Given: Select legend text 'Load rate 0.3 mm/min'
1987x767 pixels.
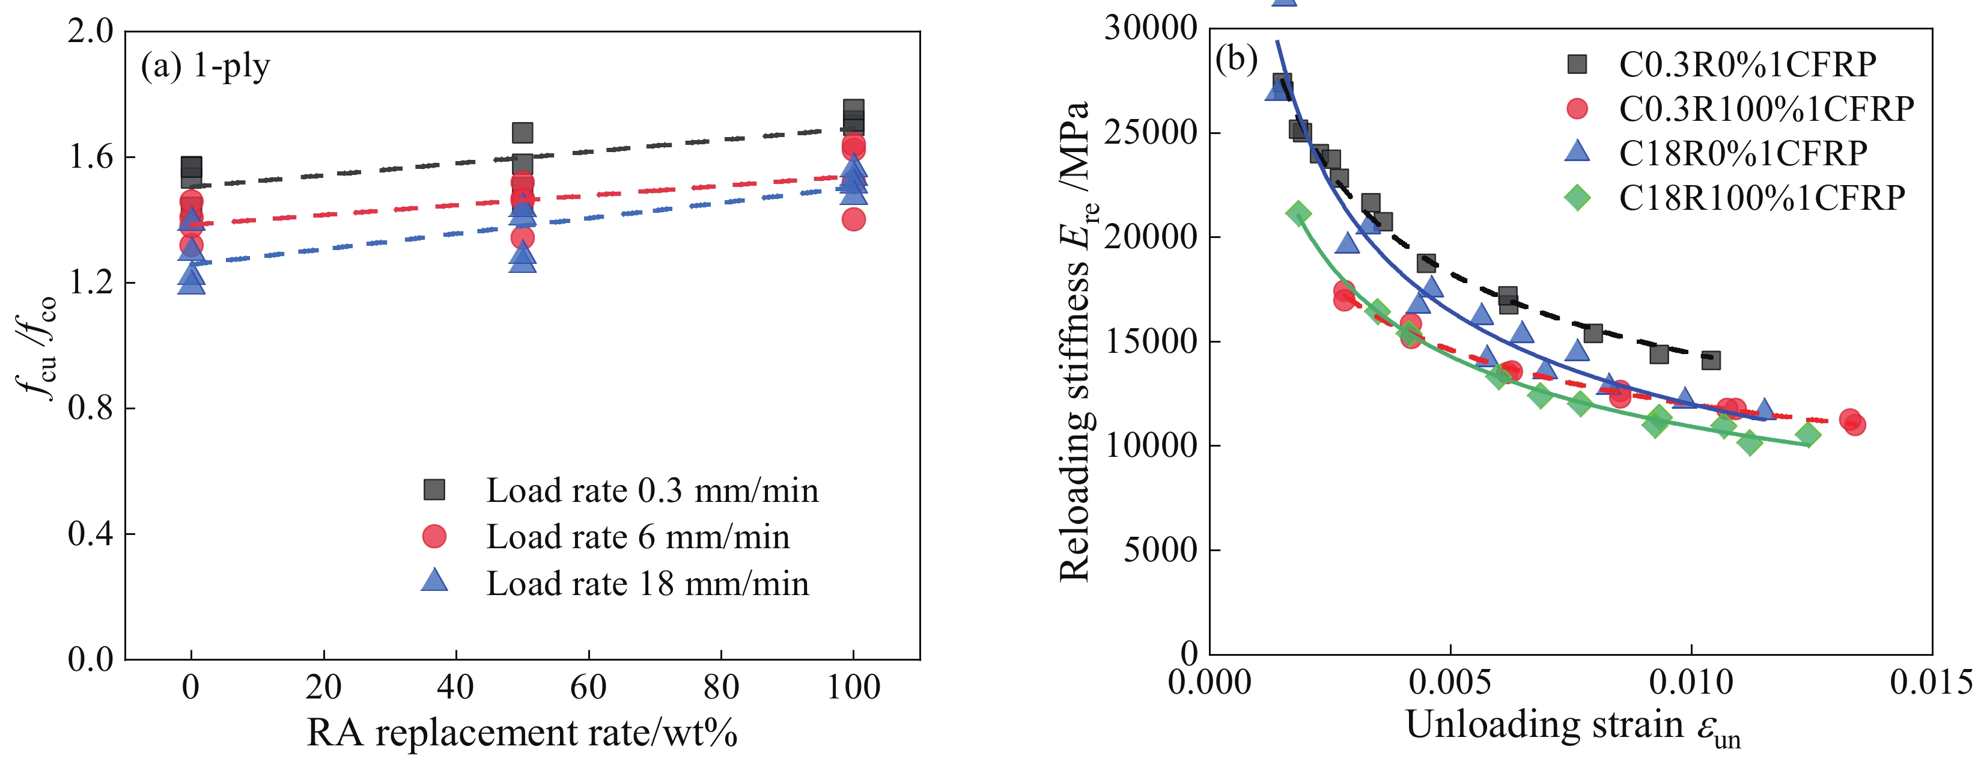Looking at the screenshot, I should [x=652, y=490].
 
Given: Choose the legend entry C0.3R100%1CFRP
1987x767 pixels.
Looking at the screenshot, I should [x=1766, y=109].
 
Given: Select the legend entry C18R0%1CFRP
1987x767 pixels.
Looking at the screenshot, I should [x=1742, y=153].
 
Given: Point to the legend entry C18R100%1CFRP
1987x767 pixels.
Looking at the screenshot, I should [x=1761, y=198].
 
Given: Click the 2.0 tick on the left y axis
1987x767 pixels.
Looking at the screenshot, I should [x=90, y=32].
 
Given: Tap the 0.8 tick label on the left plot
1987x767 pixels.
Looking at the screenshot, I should [x=90, y=408].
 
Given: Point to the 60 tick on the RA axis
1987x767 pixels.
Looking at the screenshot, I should [x=589, y=686].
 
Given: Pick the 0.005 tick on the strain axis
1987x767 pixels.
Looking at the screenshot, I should [x=1450, y=682].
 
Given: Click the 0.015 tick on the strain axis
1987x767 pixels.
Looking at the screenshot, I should [x=1931, y=682].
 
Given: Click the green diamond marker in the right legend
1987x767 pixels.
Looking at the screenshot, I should [x=1577, y=198].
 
